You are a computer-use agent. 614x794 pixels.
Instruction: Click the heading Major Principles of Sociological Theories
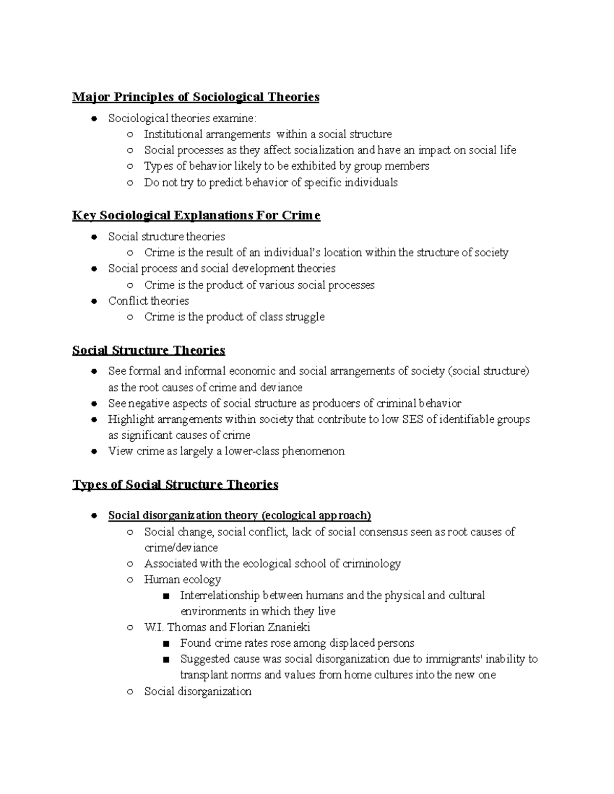tap(195, 97)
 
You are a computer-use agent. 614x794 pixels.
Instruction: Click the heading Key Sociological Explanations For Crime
tap(196, 215)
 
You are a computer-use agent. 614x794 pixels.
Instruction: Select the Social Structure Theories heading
tap(148, 350)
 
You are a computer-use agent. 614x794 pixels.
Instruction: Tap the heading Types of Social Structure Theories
tap(175, 484)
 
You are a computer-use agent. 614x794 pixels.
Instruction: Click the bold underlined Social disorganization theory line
tap(239, 515)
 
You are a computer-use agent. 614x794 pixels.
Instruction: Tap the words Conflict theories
tap(148, 301)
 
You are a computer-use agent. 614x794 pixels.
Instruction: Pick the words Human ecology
tap(183, 579)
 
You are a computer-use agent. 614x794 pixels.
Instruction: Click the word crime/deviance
tap(181, 548)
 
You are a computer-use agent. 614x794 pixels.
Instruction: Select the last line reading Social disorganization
tap(198, 691)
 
